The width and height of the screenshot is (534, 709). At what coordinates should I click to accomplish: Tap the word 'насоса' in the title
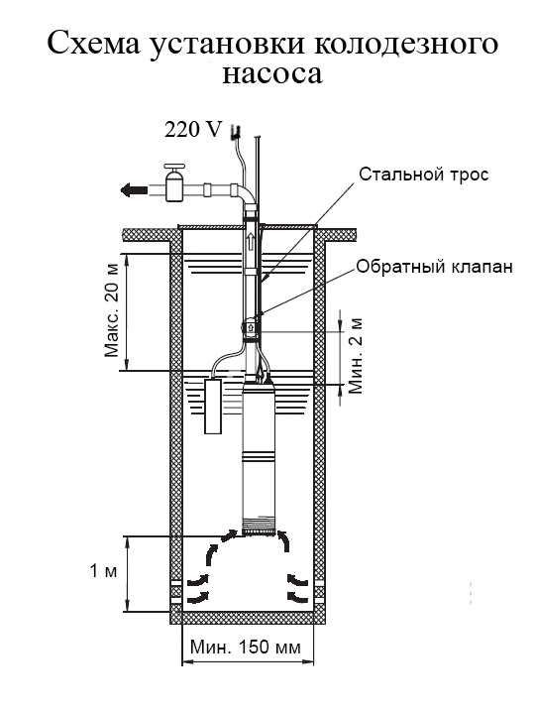[x=272, y=75]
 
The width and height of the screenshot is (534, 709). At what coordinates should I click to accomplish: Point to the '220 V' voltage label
[x=193, y=130]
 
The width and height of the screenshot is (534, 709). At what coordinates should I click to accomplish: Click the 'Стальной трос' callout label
[x=424, y=175]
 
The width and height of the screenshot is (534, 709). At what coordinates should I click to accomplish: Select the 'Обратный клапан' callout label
[x=434, y=267]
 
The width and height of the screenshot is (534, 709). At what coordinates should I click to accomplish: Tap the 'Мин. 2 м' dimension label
[x=356, y=355]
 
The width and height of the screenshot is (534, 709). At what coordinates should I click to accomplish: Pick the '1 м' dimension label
[x=104, y=571]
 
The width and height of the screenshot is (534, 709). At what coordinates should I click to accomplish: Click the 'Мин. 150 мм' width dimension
[x=246, y=648]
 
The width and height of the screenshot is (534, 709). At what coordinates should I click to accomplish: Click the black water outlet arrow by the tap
[x=134, y=189]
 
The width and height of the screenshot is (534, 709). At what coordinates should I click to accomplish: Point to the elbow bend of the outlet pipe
[x=245, y=193]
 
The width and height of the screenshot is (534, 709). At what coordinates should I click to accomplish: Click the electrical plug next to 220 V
[x=235, y=132]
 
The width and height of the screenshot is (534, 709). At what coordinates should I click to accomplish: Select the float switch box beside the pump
[x=214, y=406]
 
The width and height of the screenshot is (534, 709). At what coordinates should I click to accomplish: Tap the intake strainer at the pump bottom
[x=259, y=527]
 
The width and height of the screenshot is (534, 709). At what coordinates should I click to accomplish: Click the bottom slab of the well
[x=248, y=618]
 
